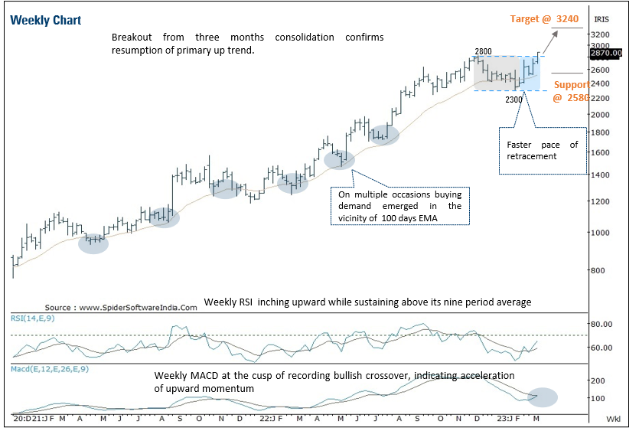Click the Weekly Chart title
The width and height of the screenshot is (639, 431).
(x=46, y=20)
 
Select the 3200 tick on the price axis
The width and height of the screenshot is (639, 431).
(x=601, y=35)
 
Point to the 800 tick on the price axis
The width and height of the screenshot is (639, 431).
(x=598, y=270)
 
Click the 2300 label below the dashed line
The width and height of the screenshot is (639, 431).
(x=514, y=99)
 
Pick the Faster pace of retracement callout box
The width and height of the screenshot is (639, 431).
(x=543, y=150)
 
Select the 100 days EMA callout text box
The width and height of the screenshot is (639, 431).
(x=399, y=206)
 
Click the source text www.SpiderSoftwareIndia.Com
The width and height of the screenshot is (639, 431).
(x=121, y=307)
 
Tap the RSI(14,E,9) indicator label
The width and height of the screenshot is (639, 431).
(x=36, y=317)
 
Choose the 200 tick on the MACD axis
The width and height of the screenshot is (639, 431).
(x=598, y=380)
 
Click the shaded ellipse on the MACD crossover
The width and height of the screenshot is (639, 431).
(x=543, y=397)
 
